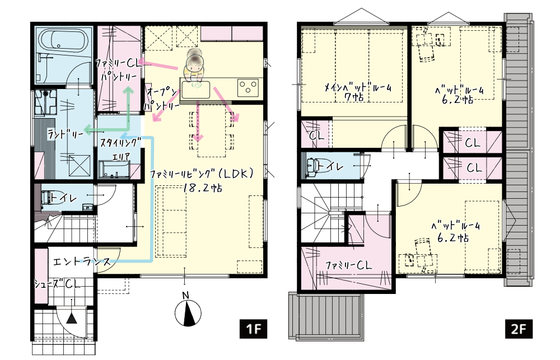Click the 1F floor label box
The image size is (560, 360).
coord(253,329)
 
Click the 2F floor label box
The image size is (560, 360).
coord(519,329)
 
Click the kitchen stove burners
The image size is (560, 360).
coord(248,87)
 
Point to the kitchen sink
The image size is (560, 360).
coord(195,89)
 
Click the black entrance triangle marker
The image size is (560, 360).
coord(72,318)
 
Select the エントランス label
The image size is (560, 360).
coord(81,263)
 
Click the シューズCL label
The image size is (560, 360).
coord(57,284)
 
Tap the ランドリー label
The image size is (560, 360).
coord(66,134)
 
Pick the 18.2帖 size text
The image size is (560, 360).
coord(202,188)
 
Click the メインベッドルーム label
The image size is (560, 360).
coord(357,87)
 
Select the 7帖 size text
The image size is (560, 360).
coord(354,96)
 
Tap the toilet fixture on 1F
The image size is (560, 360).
coord(48,198)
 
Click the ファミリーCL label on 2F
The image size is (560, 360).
coord(348,265)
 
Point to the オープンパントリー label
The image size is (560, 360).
coord(161,98)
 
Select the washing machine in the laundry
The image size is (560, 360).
coord(45,102)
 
